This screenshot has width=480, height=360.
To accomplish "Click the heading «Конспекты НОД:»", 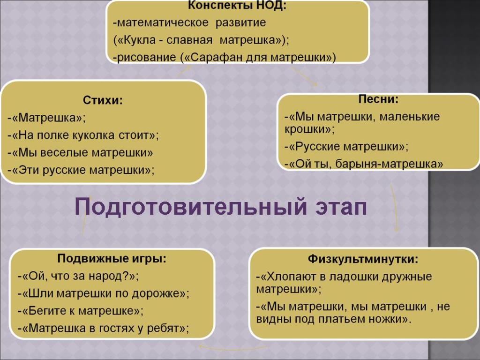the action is click(x=237, y=5).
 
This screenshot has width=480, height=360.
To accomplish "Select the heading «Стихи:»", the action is click(x=103, y=100).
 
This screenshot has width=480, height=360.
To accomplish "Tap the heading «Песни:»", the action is click(x=378, y=99).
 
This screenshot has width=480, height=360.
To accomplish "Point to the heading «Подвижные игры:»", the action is click(x=112, y=259).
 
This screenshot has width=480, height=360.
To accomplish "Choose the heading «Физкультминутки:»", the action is click(x=363, y=259).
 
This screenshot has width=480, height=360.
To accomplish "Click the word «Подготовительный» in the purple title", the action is click(x=190, y=207).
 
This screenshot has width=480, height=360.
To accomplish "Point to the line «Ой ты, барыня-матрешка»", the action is click(x=364, y=164).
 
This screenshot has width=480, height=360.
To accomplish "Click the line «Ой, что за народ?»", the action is click(x=78, y=277).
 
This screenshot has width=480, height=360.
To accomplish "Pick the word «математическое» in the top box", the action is click(x=163, y=22).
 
